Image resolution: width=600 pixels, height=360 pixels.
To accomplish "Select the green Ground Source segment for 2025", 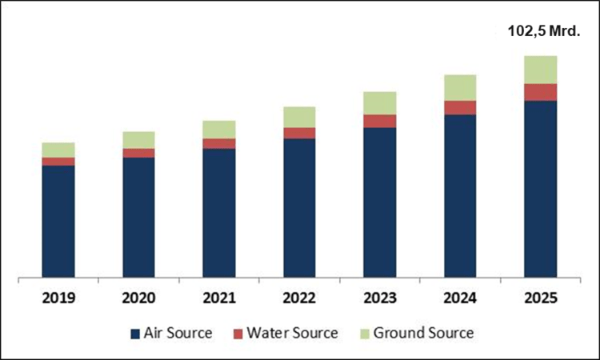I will point(540,70).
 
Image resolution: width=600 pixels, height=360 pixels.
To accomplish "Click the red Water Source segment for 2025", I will point(540,92).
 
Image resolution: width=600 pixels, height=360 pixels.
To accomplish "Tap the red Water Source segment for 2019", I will point(58,162).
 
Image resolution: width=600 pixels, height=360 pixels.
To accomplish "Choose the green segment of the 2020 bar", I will point(138,140).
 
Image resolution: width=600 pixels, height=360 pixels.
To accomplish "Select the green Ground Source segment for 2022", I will point(299,117).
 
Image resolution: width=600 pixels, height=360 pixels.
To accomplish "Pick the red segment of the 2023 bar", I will point(379,121).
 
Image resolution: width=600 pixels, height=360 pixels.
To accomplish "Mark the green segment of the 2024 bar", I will point(460,87).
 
